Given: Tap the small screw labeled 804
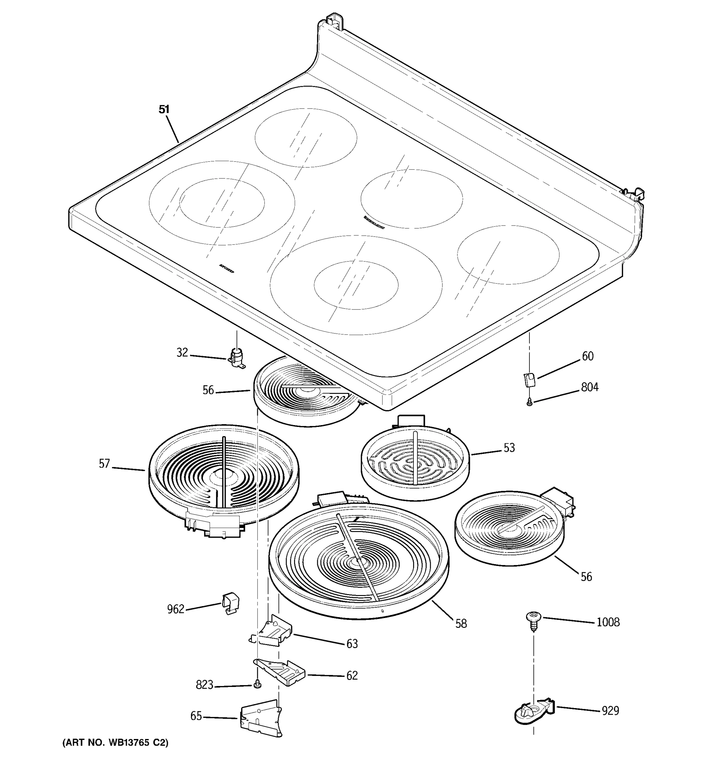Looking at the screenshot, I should click(529, 402).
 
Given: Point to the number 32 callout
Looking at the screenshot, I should click(182, 353).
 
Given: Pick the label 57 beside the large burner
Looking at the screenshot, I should click(104, 464).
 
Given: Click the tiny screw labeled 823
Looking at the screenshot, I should click(257, 684).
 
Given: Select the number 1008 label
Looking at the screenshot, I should click(608, 622).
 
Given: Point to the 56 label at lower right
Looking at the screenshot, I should click(587, 577).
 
